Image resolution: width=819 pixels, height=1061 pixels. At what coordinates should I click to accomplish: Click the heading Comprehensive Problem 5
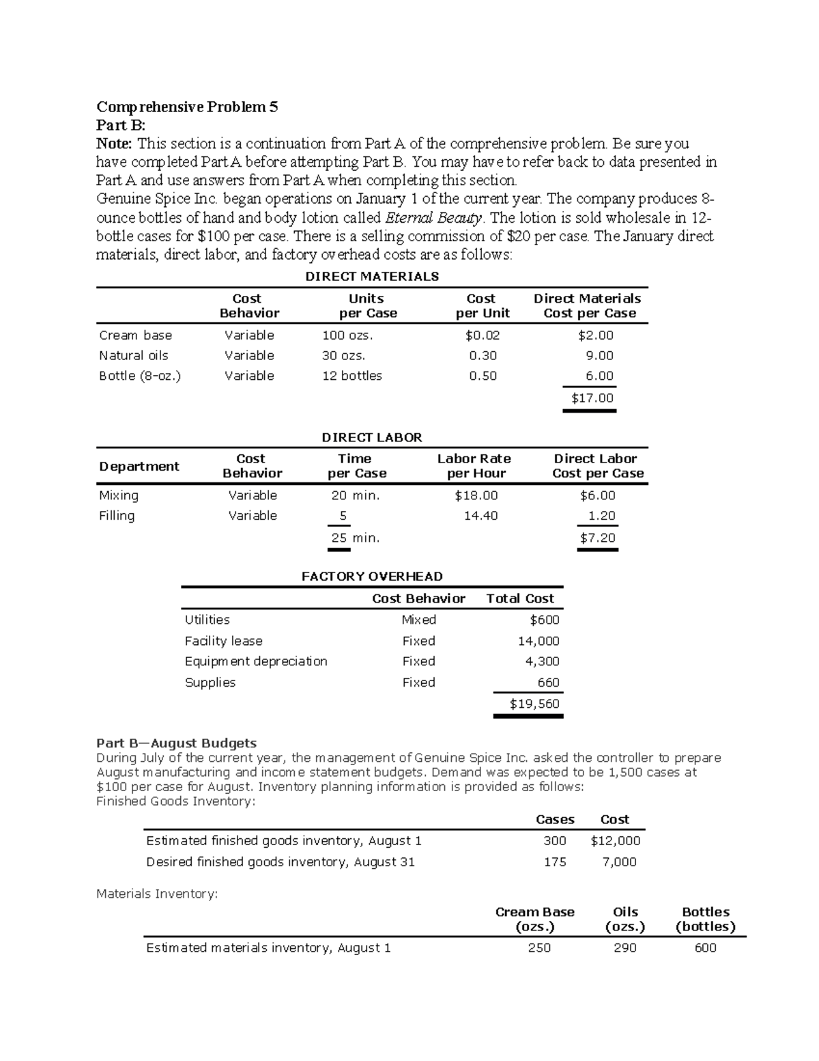(x=187, y=107)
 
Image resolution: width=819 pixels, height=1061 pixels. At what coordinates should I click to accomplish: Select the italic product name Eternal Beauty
(x=434, y=218)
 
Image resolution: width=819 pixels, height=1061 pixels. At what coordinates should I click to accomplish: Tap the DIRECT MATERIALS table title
(x=371, y=277)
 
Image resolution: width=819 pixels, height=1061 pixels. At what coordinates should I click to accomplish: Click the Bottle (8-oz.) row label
(x=140, y=376)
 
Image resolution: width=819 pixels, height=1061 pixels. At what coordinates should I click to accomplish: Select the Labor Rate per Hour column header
(x=474, y=466)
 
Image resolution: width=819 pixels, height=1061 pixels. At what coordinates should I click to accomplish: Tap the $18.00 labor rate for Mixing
(x=476, y=495)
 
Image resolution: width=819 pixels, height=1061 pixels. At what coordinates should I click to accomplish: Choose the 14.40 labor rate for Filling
(x=480, y=516)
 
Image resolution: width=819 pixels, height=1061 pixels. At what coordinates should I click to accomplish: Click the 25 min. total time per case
(x=355, y=538)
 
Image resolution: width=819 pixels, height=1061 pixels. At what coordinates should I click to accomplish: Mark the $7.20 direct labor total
(x=597, y=538)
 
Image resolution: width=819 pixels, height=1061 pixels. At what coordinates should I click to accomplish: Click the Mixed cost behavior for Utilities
(x=418, y=620)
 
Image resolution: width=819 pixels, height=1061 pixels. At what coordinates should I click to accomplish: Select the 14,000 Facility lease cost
(x=538, y=641)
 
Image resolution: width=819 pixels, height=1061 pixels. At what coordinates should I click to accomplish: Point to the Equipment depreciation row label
(x=256, y=661)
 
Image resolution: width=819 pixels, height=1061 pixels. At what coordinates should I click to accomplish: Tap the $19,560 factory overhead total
(x=534, y=704)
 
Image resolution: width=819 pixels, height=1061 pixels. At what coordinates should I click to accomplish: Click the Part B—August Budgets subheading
(x=176, y=743)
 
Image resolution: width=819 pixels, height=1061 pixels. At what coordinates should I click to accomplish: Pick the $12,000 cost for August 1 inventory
(x=615, y=841)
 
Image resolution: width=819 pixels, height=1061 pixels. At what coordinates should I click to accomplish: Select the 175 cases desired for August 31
(x=555, y=862)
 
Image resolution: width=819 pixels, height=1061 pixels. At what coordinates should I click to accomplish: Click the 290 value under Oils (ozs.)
(x=624, y=948)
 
